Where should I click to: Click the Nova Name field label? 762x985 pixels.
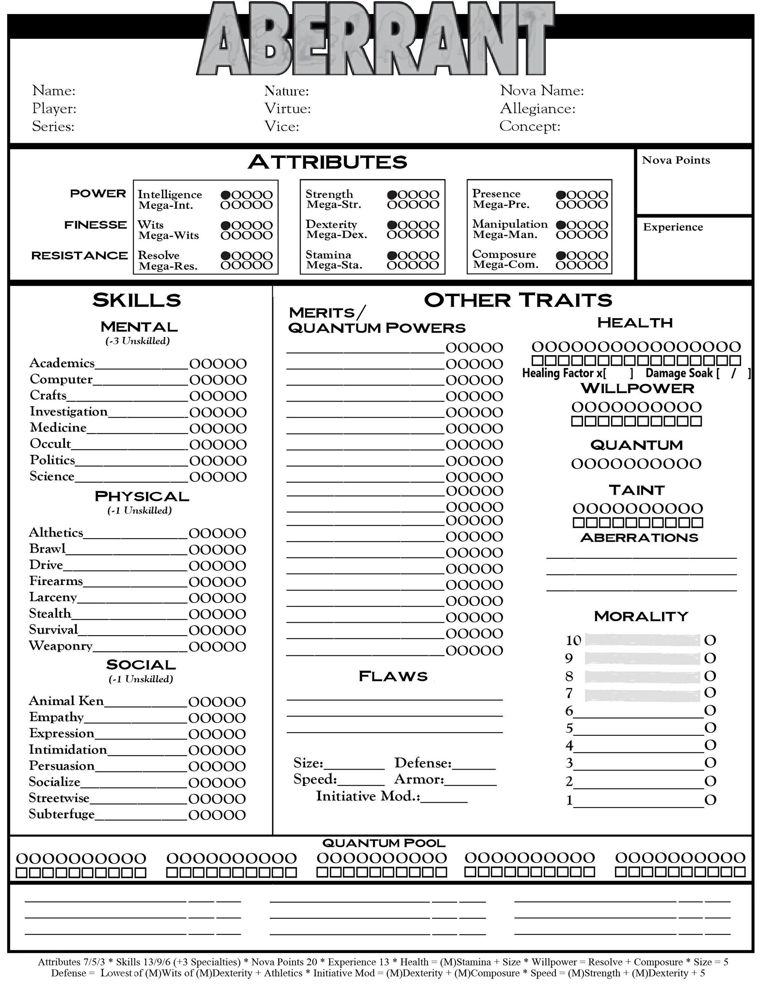tap(542, 91)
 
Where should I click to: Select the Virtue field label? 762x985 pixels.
tap(288, 109)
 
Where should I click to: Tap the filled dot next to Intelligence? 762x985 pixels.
tap(226, 195)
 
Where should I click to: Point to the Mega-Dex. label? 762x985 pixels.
tap(337, 234)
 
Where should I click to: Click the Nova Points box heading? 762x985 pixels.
tap(676, 160)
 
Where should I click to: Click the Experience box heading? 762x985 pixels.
tap(672, 227)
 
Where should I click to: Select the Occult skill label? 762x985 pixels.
tap(50, 444)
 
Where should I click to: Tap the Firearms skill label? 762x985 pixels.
tap(56, 581)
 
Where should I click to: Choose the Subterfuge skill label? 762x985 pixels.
tap(62, 814)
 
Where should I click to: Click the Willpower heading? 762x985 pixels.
tap(637, 388)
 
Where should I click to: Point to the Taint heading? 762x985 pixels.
tap(637, 490)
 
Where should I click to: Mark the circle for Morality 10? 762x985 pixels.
tap(710, 641)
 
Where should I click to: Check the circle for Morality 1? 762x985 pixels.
tap(710, 800)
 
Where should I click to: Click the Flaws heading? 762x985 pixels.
tap(393, 676)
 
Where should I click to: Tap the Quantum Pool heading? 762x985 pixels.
tap(384, 843)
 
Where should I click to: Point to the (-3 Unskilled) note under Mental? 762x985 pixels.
tap(138, 341)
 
